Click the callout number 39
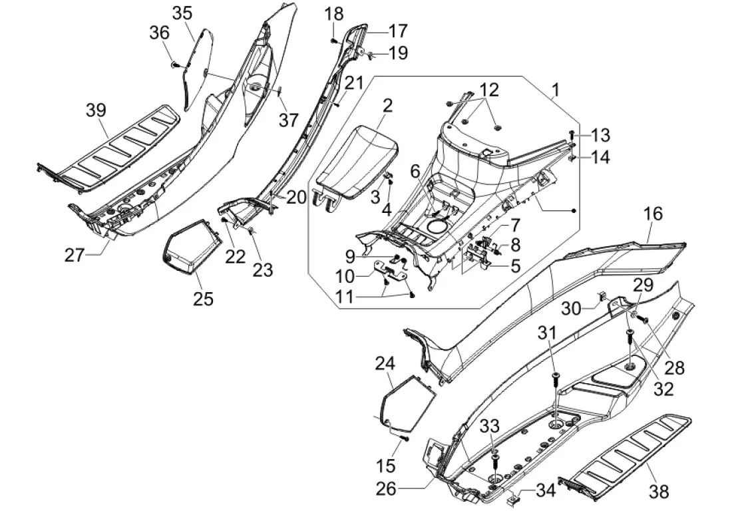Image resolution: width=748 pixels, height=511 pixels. tap(96, 110)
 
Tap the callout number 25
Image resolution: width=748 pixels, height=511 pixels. tap(203, 298)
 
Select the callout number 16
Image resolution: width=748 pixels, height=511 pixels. tap(653, 214)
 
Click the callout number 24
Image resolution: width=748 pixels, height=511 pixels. tap(385, 363)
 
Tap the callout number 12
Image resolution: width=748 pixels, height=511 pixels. tap(488, 89)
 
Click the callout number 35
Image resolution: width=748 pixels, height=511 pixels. tap(182, 13)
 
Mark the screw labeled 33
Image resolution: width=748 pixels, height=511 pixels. tap(495, 459)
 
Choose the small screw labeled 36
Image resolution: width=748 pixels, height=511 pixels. tap(174, 65)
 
